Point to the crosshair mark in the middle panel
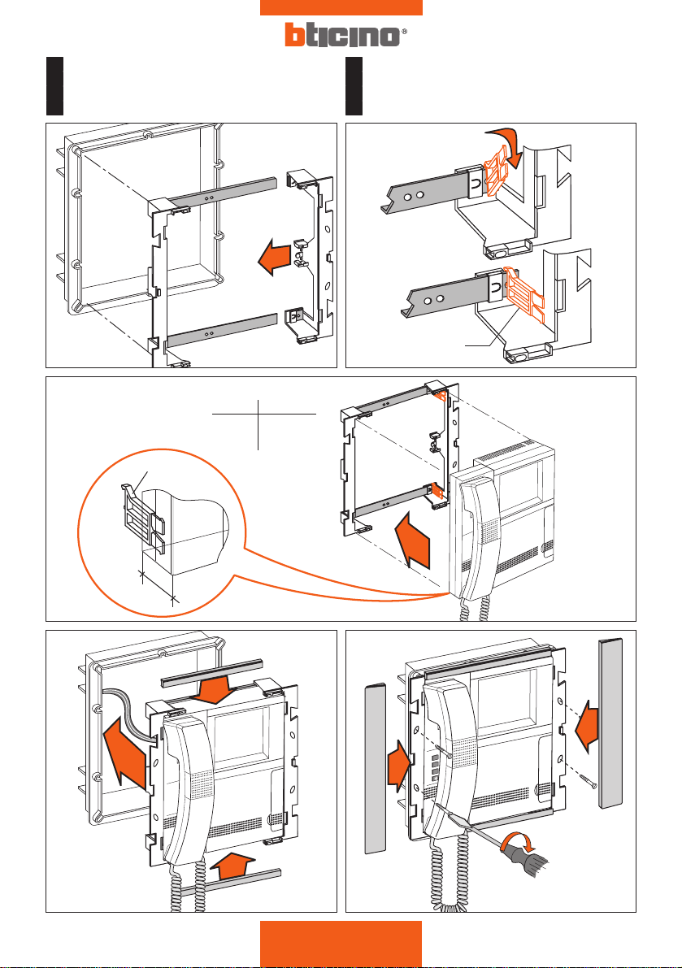[258, 415]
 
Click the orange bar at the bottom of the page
[341, 944]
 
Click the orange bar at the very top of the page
[341, 7]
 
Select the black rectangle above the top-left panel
[54, 86]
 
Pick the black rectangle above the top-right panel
[354, 86]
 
